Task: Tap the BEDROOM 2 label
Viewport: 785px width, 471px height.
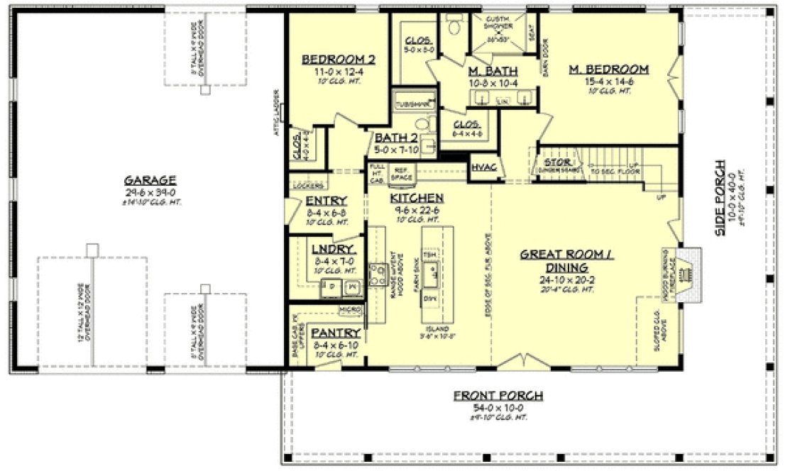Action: click(338, 59)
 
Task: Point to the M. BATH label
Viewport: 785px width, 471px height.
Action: click(493, 71)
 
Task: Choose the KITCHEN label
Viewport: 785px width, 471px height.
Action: click(417, 198)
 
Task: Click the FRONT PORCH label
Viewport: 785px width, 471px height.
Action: click(498, 396)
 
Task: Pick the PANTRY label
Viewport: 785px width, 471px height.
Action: click(327, 333)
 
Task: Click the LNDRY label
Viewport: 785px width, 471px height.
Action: click(328, 249)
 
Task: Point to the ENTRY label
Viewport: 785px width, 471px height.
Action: click(326, 201)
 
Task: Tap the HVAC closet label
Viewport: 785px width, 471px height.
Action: click(483, 167)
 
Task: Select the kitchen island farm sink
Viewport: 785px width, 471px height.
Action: click(430, 273)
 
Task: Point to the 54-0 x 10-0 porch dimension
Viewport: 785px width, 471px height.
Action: click(498, 408)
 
